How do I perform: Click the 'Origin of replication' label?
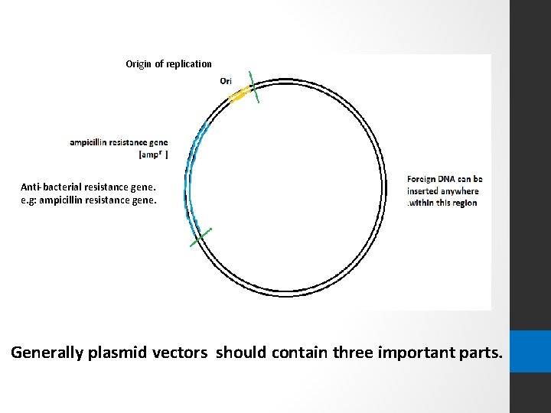168,63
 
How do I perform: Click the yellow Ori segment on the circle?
239,95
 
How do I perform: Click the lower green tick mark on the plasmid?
201,236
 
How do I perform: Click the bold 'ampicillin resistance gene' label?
119,142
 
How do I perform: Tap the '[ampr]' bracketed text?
153,154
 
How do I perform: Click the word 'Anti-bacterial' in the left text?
47,187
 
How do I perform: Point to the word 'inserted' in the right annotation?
424,190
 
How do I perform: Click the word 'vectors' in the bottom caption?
183,353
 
